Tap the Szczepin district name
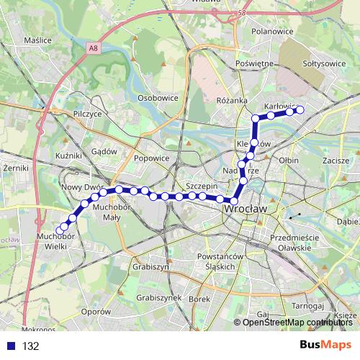point(202,185)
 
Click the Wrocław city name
point(246,209)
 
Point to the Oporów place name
point(95,312)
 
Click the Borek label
point(198,298)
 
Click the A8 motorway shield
point(94,48)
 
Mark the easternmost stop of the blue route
point(300,110)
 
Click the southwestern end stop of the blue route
point(59,231)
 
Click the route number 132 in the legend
point(30,346)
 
